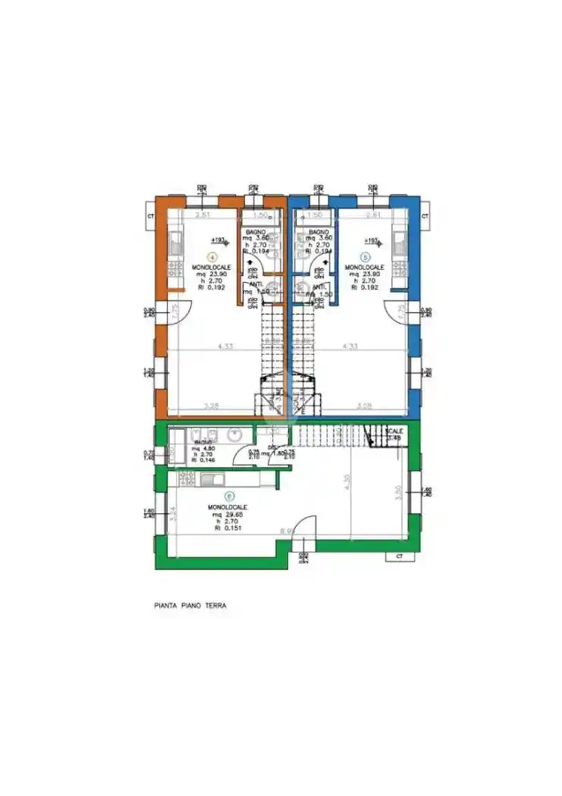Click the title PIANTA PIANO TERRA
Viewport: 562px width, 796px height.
pos(190,606)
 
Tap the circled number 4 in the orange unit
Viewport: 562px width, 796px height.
pos(213,256)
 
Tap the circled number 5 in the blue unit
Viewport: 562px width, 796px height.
pos(366,256)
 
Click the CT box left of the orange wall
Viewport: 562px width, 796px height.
pos(151,215)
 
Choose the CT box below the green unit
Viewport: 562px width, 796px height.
pos(398,556)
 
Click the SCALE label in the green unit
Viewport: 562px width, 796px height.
pos(395,430)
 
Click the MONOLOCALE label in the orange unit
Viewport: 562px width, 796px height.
pos(211,267)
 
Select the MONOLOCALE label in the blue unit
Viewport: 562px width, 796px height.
pos(364,267)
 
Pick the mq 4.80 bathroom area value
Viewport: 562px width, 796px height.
pos(203,448)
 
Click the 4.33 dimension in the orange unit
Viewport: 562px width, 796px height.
pos(224,346)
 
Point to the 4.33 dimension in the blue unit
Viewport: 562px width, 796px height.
pos(350,346)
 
